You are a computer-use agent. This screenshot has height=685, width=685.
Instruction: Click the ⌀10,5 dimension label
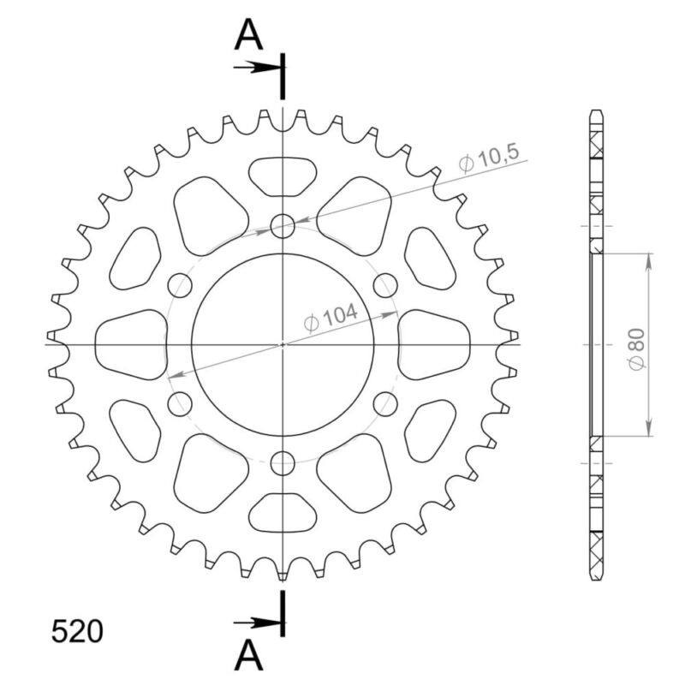pos(489,159)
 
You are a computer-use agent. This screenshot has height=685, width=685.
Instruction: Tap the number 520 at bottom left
pos(77,631)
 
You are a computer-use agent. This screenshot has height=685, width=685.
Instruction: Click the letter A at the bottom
pos(248,656)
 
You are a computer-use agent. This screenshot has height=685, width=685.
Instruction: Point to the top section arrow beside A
pos(255,67)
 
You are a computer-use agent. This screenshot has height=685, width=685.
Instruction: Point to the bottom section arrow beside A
pos(255,623)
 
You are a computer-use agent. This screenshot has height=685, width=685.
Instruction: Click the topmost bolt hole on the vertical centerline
pos(283,226)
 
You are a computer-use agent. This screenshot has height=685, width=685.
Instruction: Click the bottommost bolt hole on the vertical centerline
pos(283,463)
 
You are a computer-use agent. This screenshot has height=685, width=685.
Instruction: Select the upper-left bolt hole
pos(180,285)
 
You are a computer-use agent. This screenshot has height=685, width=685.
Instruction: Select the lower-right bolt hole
pos(386,404)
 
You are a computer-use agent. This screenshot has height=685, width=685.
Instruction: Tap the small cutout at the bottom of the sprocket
pos(283,512)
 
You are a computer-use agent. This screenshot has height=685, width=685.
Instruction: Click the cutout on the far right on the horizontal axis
pos(435,345)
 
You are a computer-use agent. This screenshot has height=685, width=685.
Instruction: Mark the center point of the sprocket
pos(283,345)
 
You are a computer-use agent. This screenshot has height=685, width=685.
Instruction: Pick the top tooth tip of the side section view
pos(597,114)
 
